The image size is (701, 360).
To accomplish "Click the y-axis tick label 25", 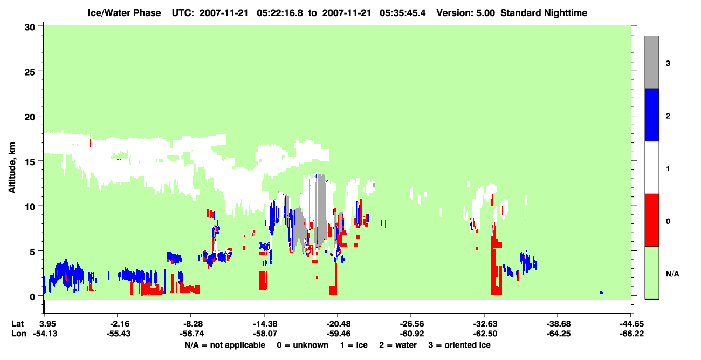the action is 30,72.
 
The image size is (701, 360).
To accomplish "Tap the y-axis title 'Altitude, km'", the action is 12,168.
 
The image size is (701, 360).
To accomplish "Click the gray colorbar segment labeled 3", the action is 651,62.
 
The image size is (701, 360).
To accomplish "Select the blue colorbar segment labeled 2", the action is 651,114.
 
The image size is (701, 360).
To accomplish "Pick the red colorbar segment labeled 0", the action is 651,220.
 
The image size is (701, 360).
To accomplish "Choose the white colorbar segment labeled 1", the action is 651,167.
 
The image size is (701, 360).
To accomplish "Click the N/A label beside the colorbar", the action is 672,274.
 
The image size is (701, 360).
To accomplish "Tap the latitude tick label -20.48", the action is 338,324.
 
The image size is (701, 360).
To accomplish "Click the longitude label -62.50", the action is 484,334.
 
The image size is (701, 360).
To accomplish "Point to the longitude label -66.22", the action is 631,334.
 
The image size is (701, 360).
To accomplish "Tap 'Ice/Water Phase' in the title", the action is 124,13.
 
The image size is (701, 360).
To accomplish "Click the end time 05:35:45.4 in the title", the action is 402,13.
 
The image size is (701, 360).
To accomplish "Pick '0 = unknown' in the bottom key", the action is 303,345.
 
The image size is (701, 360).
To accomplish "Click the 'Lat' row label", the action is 17,324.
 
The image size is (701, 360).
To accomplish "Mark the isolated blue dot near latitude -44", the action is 601,293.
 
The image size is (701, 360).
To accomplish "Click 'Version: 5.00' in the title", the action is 466,13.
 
